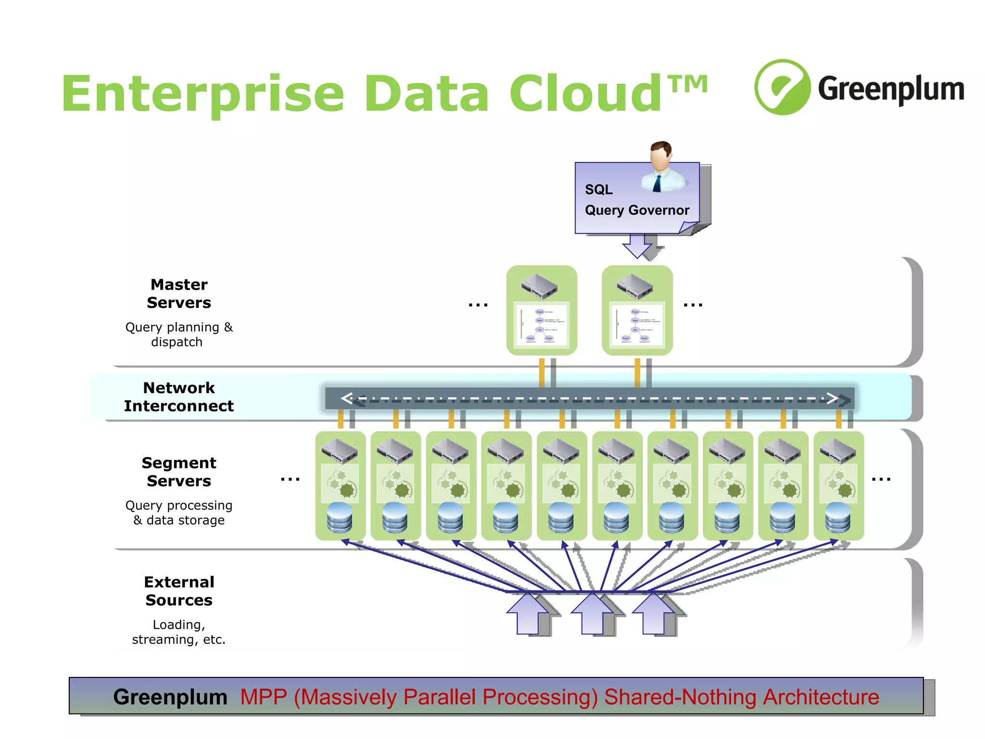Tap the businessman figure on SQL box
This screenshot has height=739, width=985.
click(662, 166)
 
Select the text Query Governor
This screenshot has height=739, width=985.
click(636, 210)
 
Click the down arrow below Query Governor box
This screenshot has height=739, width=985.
click(637, 246)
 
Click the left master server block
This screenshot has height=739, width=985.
click(542, 310)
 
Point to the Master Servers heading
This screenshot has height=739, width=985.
click(179, 293)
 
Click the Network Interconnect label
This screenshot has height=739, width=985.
click(179, 397)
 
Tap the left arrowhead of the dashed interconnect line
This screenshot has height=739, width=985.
click(347, 398)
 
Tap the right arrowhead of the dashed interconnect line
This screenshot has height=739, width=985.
click(832, 398)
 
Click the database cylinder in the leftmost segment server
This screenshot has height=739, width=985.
click(340, 518)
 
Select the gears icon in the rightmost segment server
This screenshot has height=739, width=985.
click(838, 484)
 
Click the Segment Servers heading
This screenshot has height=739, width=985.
click(179, 471)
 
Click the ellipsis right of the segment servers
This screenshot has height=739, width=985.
click(881, 479)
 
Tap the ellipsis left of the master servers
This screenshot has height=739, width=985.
click(478, 305)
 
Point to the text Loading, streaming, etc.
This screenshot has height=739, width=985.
click(179, 632)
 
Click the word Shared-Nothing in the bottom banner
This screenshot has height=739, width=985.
click(680, 697)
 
